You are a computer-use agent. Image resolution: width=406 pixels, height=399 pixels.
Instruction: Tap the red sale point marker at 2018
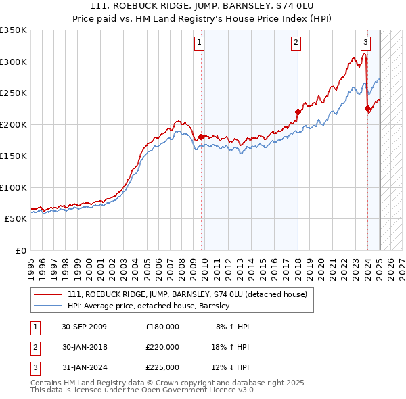pyautogui.click(x=298, y=112)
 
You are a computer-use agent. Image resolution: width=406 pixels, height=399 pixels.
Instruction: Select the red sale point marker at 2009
pyautogui.click(x=201, y=137)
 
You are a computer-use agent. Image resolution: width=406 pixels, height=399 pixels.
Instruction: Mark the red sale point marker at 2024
pyautogui.click(x=367, y=108)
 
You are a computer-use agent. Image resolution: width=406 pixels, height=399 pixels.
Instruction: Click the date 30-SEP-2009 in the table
pyautogui.click(x=84, y=327)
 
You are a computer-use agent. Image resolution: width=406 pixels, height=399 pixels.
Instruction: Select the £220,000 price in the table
pyautogui.click(x=162, y=347)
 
